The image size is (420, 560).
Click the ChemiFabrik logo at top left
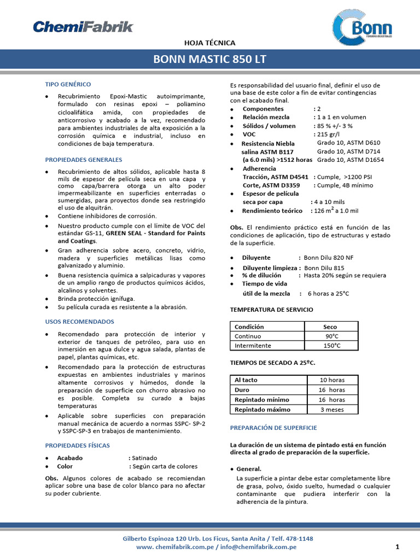coord(83,26)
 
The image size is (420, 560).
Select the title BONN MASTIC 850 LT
coord(209,59)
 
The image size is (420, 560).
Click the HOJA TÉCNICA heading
coord(209,42)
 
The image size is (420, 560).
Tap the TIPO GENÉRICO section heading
coord(68,84)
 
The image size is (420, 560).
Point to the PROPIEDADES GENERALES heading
coord(83,160)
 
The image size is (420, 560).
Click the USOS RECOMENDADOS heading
coord(79,322)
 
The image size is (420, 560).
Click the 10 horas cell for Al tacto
coord(332,380)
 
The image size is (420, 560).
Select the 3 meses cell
coord(332,410)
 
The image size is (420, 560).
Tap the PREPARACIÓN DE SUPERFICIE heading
coord(273,427)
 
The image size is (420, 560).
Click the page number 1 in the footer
coord(397,547)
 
